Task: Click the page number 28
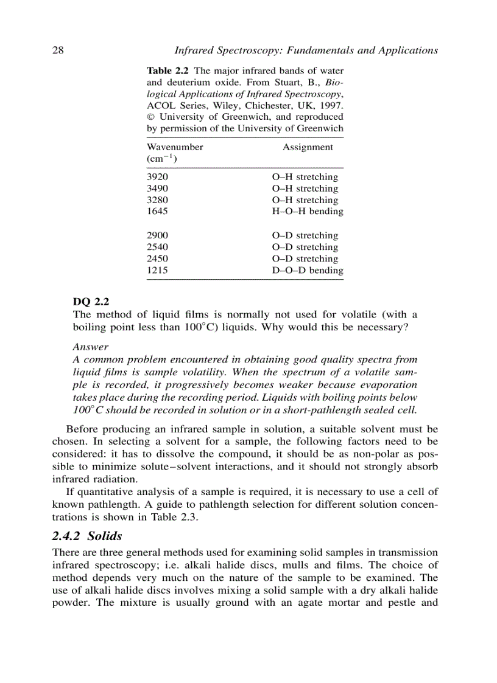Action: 58,50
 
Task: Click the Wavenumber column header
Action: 175,147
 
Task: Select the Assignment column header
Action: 308,147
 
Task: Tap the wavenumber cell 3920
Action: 158,177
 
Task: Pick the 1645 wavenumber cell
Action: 158,212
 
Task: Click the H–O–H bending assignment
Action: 307,212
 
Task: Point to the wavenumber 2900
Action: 158,235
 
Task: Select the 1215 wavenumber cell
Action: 158,271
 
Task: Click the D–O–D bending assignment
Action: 307,271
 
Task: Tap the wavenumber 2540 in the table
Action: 158,247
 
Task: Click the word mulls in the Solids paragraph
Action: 320,564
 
